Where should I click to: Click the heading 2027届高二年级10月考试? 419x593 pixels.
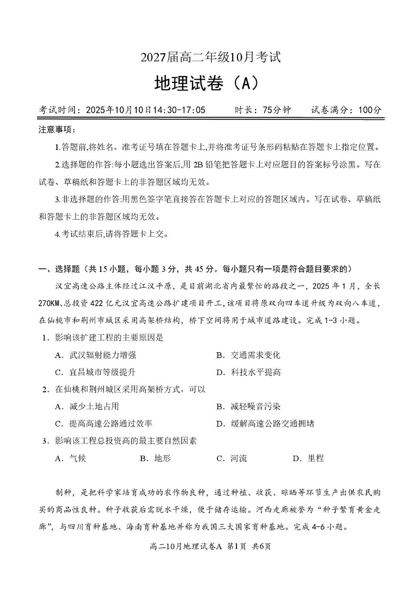[x=209, y=57]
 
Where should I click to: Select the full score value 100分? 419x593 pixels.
[x=369, y=110]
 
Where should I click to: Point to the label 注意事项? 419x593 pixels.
[x=57, y=130]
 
